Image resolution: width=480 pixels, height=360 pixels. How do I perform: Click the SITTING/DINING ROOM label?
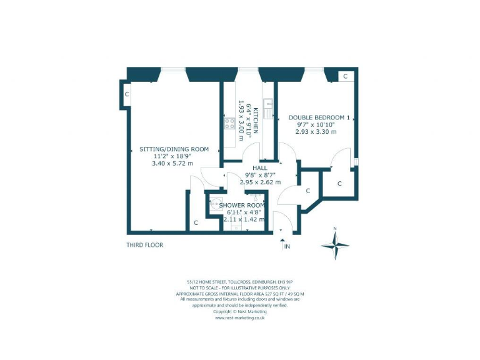coord(174,149)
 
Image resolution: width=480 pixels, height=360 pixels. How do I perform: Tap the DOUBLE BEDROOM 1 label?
coord(319,117)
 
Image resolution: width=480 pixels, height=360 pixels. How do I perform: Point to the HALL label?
coord(261,167)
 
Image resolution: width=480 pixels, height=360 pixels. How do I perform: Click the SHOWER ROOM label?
coord(243,205)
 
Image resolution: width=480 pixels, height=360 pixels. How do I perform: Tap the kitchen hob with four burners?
coord(229,123)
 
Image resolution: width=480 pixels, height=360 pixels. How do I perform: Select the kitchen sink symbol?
coord(268,110)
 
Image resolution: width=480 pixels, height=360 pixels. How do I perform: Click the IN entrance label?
coord(287,247)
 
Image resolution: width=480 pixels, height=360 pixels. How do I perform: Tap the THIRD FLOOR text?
coord(144,245)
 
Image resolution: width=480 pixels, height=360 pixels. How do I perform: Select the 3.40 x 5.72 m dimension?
coord(172,164)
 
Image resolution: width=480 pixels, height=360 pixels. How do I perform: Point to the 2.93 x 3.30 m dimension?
coord(316,132)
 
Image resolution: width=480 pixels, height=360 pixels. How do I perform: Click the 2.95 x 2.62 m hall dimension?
coord(261,182)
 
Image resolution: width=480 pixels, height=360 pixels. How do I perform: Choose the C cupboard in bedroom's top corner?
coord(345,76)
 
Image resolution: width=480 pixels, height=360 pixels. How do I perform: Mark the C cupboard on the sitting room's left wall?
coord(127,94)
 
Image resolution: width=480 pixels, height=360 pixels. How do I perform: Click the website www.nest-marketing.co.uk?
coord(240,317)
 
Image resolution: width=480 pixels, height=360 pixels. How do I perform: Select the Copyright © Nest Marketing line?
coord(240,311)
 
